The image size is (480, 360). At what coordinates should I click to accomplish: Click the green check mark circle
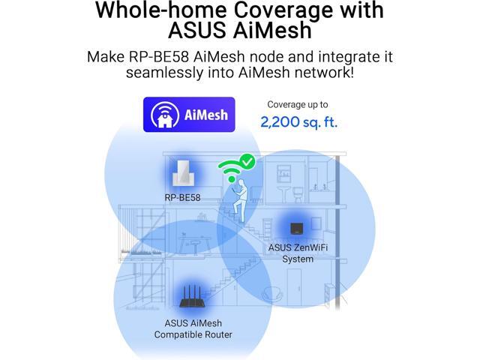click(246, 161)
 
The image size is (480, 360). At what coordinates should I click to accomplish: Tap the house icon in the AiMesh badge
click(164, 115)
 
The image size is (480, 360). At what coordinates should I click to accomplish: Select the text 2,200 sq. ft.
click(298, 121)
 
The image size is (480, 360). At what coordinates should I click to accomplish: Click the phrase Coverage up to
click(298, 105)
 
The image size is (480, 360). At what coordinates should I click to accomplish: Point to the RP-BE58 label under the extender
click(182, 198)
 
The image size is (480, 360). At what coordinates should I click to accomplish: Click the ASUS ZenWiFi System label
click(298, 253)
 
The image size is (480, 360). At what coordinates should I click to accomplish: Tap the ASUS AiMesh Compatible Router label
click(193, 328)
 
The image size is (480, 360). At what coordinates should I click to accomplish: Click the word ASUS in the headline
click(197, 32)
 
